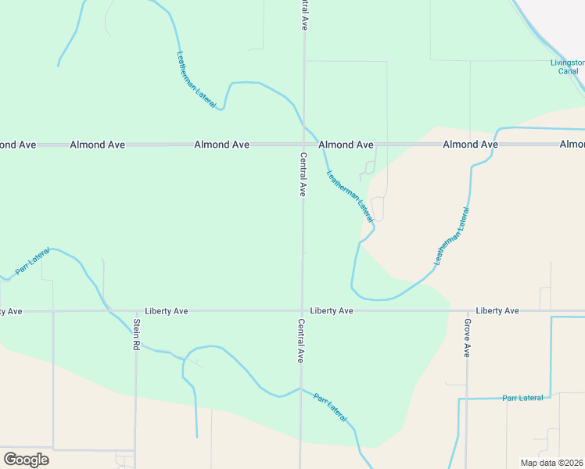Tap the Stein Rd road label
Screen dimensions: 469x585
click(136, 334)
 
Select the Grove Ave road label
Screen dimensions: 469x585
click(467, 338)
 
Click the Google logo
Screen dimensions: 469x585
click(26, 460)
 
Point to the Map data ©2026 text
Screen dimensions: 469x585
click(551, 463)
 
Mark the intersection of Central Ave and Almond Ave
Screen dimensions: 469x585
click(303, 145)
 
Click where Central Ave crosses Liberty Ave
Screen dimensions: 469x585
click(303, 310)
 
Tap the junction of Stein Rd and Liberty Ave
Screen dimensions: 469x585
click(136, 310)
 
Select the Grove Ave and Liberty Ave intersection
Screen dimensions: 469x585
click(468, 310)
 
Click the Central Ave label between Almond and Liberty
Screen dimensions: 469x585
click(303, 174)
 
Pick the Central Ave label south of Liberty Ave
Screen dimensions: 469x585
click(301, 341)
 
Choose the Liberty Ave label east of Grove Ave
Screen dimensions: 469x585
click(497, 310)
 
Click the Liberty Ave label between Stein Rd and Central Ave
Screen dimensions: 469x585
click(166, 310)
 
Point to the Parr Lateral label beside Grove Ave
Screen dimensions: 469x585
click(522, 398)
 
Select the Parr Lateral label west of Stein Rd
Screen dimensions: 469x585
click(32, 260)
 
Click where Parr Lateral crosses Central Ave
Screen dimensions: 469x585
click(301, 388)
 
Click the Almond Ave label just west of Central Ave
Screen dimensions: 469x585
click(221, 145)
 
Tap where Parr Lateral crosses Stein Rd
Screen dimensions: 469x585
click(136, 342)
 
